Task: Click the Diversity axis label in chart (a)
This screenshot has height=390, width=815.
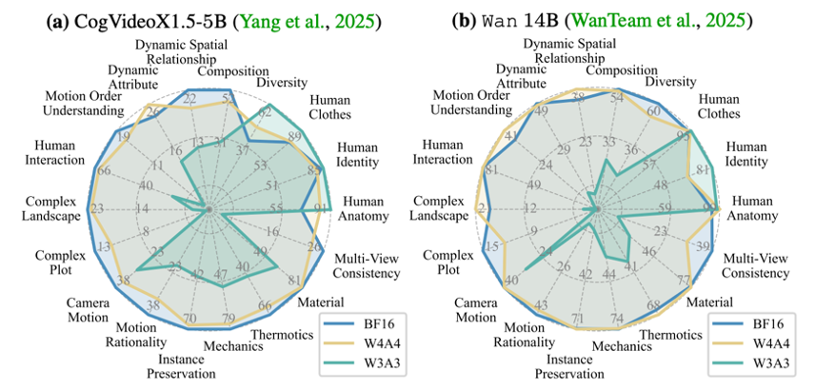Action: [282, 83]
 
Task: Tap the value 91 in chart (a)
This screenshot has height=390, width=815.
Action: [321, 207]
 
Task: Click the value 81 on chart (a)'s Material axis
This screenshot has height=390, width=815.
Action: [292, 281]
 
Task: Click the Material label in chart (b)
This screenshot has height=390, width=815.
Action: [718, 302]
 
